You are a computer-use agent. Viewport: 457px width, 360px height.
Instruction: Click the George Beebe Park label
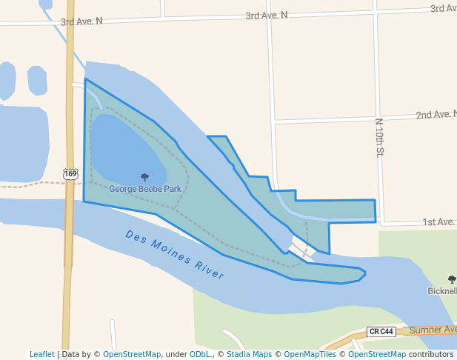click(x=145, y=189)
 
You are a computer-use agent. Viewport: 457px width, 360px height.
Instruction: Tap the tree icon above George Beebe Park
click(x=144, y=177)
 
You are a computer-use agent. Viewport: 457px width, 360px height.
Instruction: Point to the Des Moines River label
click(x=175, y=254)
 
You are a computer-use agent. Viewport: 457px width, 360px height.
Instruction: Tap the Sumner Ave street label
click(x=433, y=329)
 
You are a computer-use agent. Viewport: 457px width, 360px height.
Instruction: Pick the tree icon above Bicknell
click(x=452, y=279)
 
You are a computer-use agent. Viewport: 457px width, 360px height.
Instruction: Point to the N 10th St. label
click(x=378, y=137)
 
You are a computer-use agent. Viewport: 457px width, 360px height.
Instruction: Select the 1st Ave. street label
click(x=438, y=221)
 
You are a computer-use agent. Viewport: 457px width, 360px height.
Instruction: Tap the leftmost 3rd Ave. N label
click(x=81, y=21)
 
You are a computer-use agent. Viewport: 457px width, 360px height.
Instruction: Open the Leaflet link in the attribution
click(x=42, y=354)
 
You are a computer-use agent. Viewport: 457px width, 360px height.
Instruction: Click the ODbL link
click(x=201, y=354)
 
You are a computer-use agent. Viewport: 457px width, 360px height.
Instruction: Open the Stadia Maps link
click(x=249, y=354)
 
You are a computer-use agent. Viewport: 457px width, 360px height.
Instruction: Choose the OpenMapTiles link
click(x=309, y=354)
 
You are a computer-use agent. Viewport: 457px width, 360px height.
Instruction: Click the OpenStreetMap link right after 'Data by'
click(x=132, y=354)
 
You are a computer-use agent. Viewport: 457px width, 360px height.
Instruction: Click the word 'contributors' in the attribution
click(x=431, y=354)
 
